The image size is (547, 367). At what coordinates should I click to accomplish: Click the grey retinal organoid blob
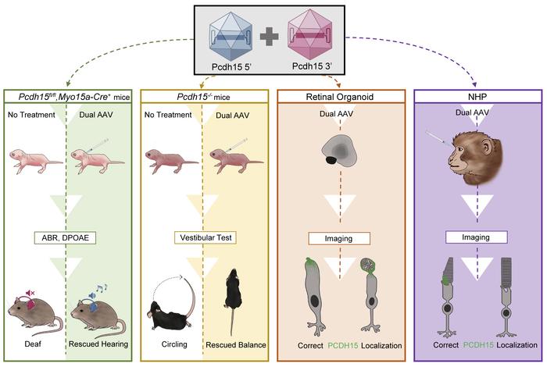coord(336,153)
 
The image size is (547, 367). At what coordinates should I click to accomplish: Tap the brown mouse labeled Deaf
coord(35,316)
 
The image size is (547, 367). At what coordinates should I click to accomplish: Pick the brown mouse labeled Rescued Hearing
coord(98,316)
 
